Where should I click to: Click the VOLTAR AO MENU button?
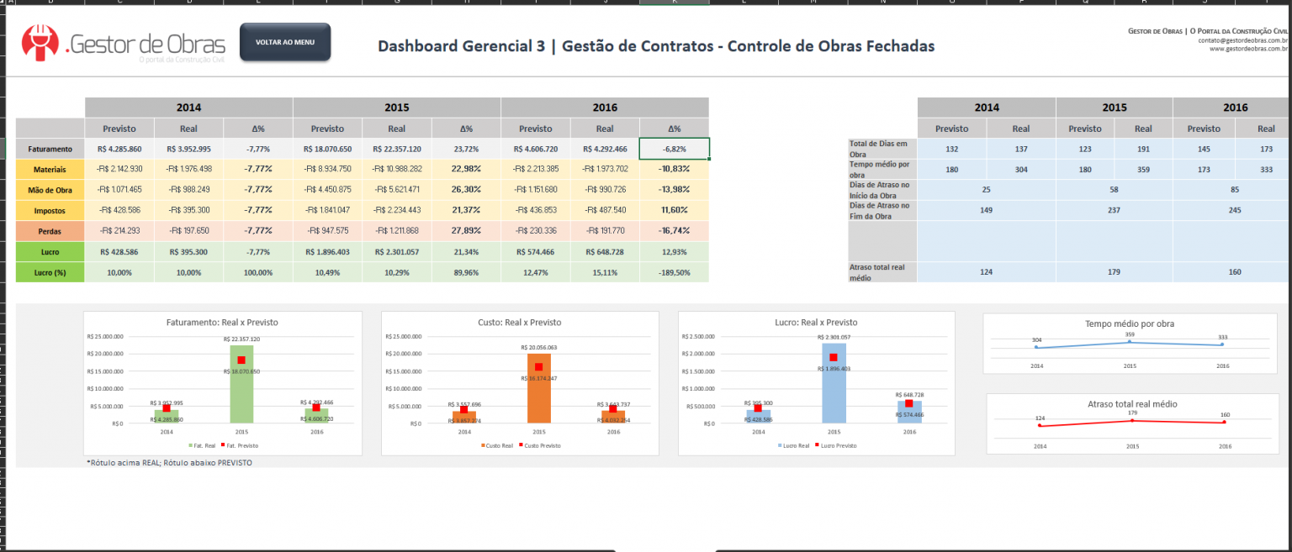coord(285,42)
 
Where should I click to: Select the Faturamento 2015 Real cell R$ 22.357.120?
coord(396,149)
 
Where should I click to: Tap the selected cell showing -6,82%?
coord(674,149)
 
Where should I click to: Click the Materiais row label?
coord(50,170)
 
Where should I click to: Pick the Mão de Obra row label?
coord(50,190)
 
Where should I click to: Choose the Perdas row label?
coord(50,230)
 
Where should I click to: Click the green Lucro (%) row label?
coord(50,272)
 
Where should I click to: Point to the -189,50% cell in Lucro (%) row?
coord(674,272)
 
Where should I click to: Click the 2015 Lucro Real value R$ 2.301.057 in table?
coord(396,251)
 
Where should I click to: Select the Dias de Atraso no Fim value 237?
coord(1114,211)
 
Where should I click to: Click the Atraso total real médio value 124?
coord(986,271)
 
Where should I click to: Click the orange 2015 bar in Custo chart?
coord(538,391)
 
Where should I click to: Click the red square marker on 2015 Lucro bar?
coord(833,357)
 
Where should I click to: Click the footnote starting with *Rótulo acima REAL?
coord(168,462)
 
